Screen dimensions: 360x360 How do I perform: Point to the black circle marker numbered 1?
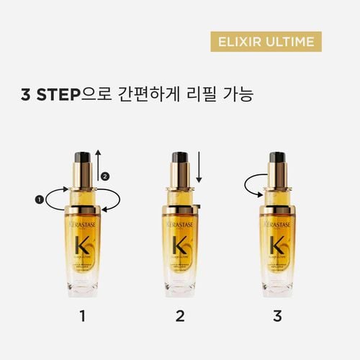pos(40,197)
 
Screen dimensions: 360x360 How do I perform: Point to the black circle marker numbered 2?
pos(106,176)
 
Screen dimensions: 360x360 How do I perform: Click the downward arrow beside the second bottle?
pos(199,169)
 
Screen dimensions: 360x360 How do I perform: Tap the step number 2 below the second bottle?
pos(179,315)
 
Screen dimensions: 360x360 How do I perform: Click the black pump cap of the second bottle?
pos(179,158)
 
